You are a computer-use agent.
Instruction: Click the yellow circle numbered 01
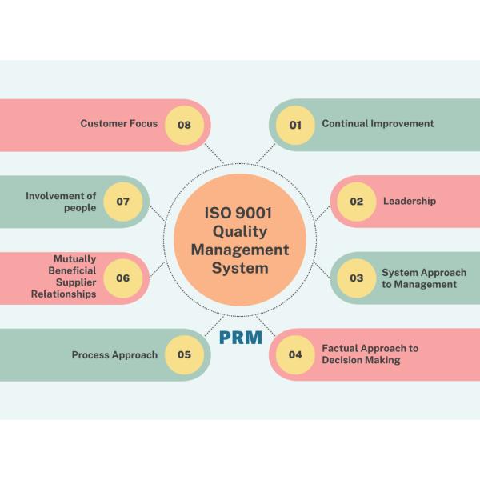click(x=295, y=125)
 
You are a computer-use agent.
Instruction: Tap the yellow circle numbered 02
click(x=356, y=202)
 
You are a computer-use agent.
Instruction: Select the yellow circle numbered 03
click(x=356, y=278)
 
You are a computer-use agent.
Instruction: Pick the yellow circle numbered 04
click(x=295, y=354)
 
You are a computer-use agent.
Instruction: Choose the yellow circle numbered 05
click(x=185, y=354)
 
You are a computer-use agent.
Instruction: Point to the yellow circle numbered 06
click(x=123, y=278)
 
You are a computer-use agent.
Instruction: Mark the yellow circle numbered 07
click(x=123, y=202)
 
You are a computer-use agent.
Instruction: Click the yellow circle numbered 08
click(x=185, y=125)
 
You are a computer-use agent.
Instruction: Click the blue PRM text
click(x=241, y=338)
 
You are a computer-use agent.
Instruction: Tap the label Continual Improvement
click(x=378, y=124)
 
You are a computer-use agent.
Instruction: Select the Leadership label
click(x=410, y=202)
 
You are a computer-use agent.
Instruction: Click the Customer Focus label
click(x=119, y=124)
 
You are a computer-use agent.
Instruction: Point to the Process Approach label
click(x=114, y=354)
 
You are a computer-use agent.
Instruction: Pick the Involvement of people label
click(x=61, y=202)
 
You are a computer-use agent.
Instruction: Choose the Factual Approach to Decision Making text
click(x=370, y=354)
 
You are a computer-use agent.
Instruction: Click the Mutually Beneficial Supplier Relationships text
click(x=64, y=277)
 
